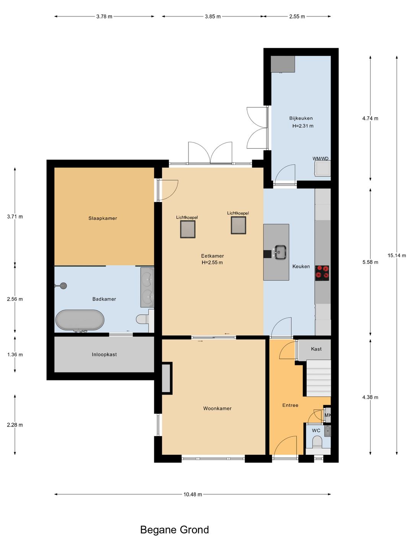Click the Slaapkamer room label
pyautogui.click(x=102, y=218)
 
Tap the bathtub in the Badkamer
pyautogui.click(x=80, y=320)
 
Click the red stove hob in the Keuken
pyautogui.click(x=322, y=273)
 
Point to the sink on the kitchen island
pyautogui.click(x=280, y=252)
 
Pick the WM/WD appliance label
pyautogui.click(x=320, y=159)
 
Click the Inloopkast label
pyautogui.click(x=104, y=354)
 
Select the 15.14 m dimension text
pyautogui.click(x=397, y=256)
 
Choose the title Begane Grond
pyautogui.click(x=174, y=530)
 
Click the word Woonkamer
pyautogui.click(x=217, y=408)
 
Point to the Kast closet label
pyautogui.click(x=316, y=349)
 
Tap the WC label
pyautogui.click(x=316, y=430)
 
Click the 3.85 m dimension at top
pyautogui.click(x=213, y=16)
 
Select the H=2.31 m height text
pyautogui.click(x=302, y=126)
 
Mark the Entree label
pyautogui.click(x=290, y=405)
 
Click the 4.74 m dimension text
pyautogui.click(x=370, y=118)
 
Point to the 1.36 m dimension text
pyautogui.click(x=15, y=354)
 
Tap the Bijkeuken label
pyautogui.click(x=301, y=118)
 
